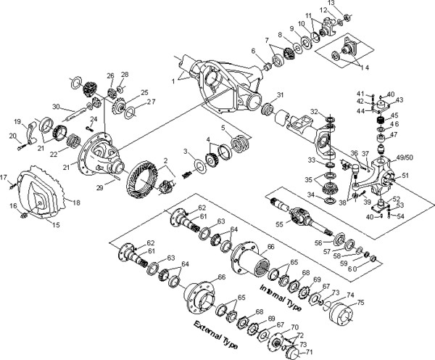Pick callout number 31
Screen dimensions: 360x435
click(281, 95)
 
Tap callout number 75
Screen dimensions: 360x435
click(360, 303)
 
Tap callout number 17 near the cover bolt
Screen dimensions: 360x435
click(4, 176)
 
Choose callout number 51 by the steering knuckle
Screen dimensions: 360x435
click(404, 174)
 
